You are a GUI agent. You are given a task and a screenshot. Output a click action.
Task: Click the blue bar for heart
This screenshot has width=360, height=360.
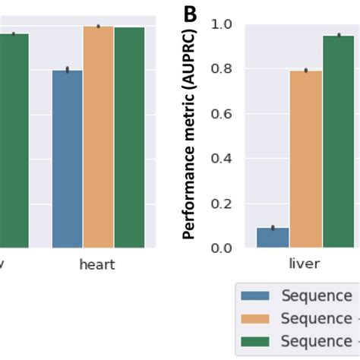click(67, 159)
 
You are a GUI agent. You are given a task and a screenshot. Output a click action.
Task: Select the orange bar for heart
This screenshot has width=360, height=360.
click(98, 137)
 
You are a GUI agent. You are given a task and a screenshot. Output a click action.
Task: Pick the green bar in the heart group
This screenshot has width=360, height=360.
click(129, 137)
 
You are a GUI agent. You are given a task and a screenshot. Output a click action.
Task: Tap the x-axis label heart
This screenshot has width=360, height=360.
click(97, 264)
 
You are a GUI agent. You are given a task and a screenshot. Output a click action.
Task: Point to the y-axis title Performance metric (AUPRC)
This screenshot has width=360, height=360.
click(190, 133)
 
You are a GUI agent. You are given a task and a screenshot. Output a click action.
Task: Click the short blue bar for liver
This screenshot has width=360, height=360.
click(273, 238)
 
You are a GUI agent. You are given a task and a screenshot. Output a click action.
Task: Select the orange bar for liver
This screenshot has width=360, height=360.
click(305, 159)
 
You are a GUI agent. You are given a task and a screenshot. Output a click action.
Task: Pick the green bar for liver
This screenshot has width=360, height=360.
click(338, 142)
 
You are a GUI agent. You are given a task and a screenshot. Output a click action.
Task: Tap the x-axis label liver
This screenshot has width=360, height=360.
click(305, 264)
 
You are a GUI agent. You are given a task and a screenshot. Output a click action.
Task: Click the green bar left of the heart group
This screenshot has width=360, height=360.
click(14, 141)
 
